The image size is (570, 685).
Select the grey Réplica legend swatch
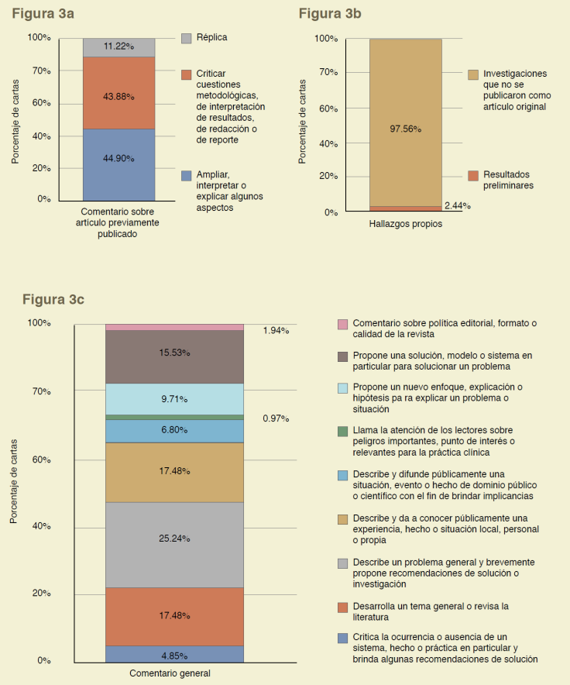(186, 37)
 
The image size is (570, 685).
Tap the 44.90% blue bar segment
(118, 164)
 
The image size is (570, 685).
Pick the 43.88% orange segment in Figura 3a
(118, 92)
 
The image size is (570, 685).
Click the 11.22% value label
(118, 46)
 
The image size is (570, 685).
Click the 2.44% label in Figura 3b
(457, 206)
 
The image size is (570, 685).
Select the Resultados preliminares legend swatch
(472, 176)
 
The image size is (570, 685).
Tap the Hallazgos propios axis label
(405, 224)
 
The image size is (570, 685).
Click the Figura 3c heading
(53, 299)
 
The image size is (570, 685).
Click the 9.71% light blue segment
(174, 399)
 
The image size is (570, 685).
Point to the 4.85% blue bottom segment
(174, 654)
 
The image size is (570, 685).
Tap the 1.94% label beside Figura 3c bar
(276, 331)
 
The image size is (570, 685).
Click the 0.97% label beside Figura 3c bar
(276, 418)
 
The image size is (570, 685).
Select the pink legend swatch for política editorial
(342, 323)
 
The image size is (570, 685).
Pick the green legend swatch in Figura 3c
(342, 431)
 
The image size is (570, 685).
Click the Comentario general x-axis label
(170, 673)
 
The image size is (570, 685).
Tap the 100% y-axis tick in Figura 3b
(326, 39)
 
